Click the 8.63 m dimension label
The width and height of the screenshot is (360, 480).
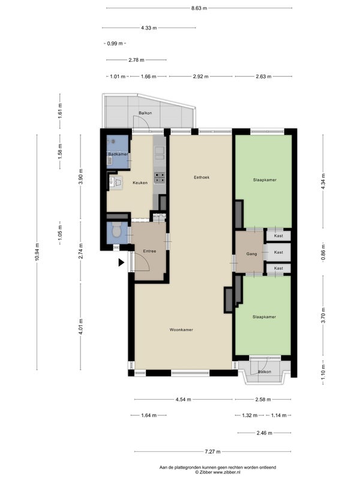pos(199,8)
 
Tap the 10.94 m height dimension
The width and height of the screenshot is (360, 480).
pos(37,252)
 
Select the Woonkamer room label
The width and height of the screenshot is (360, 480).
pos(181,329)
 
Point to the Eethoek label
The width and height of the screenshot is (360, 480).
pos(202,177)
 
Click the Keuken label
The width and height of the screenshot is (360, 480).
pos(140,183)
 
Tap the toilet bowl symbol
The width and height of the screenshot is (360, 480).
pos(116,230)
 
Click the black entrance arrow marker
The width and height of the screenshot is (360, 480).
pos(122,262)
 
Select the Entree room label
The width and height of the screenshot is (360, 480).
pos(149,251)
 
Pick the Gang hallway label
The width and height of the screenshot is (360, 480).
pos(251,254)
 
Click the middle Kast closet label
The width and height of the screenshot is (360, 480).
pos(278,252)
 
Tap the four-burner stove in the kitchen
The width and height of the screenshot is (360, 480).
pos(160,178)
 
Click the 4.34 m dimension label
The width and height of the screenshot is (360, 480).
pos(323,181)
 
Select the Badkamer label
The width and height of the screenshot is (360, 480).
pos(118,154)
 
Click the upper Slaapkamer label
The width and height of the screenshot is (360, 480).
pos(265,180)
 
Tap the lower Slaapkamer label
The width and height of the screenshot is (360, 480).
pos(264,317)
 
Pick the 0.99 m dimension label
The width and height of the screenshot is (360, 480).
pos(115,43)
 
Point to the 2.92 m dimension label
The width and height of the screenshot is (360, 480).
pos(201,77)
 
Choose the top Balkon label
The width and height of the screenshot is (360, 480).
pos(145,113)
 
